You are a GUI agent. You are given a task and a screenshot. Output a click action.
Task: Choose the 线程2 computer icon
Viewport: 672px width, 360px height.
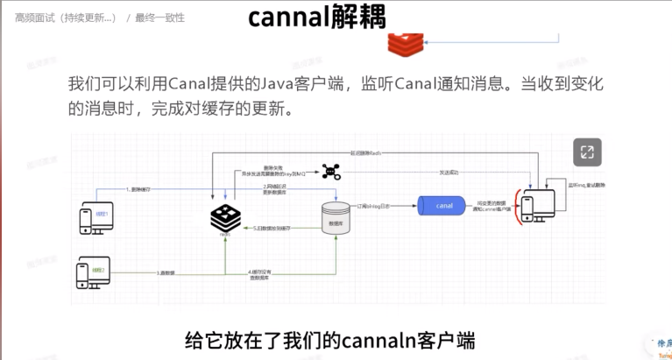click(94, 272)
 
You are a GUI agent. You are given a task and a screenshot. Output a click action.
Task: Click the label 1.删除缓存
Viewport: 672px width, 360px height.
click(140, 189)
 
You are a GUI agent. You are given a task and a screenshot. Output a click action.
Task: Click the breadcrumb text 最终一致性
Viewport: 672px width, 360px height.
click(160, 18)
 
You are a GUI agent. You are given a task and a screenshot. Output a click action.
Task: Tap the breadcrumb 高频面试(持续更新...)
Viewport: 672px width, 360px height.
click(65, 18)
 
